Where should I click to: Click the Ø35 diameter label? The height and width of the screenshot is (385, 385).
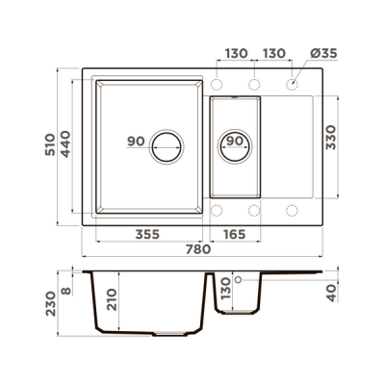coord(323,53)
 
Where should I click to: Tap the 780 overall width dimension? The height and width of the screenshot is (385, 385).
coord(198,249)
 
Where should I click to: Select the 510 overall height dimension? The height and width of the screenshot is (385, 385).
coord(50,144)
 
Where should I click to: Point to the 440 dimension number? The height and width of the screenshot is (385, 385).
coord(65,144)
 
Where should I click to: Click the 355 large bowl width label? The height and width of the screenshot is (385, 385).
coord(147,235)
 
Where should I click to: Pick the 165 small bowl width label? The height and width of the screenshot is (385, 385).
coord(234,235)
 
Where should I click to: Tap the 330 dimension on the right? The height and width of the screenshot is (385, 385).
coord(330,138)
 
